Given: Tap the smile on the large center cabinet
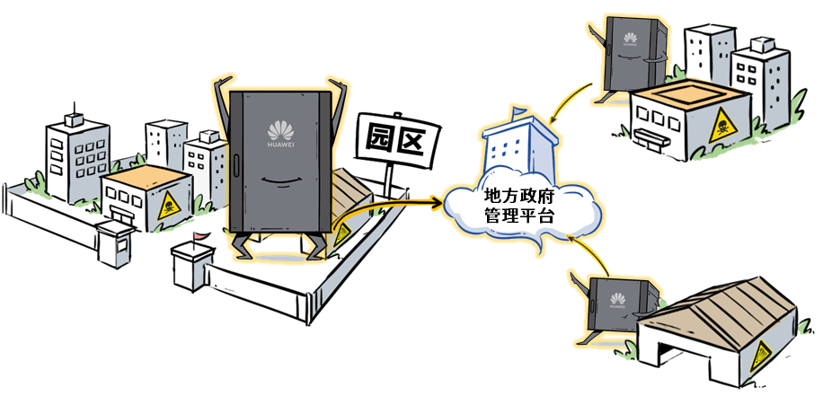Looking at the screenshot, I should [x=280, y=180].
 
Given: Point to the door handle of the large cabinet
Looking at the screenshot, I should [x=235, y=166].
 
